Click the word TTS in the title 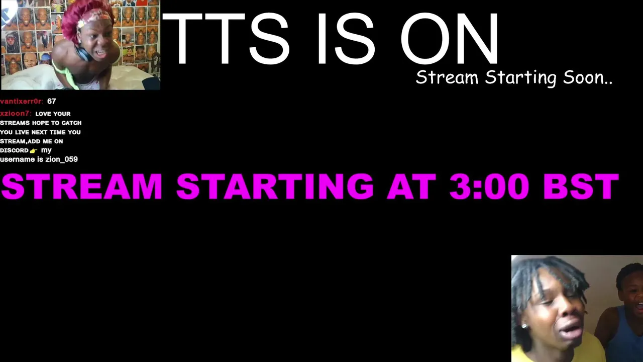point(226,38)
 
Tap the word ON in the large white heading point(449,38)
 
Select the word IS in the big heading point(346,38)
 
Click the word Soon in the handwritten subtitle point(588,77)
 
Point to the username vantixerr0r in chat point(22,102)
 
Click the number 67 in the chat point(52,102)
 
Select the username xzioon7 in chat point(16,114)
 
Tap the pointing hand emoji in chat point(34,151)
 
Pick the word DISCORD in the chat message point(14,150)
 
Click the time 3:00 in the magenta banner point(489,186)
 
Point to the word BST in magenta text point(581,186)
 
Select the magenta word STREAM point(82,186)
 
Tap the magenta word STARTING point(275,186)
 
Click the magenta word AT point(411,186)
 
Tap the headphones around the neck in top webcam point(83,53)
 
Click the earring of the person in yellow point(524,326)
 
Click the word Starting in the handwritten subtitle point(520,78)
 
